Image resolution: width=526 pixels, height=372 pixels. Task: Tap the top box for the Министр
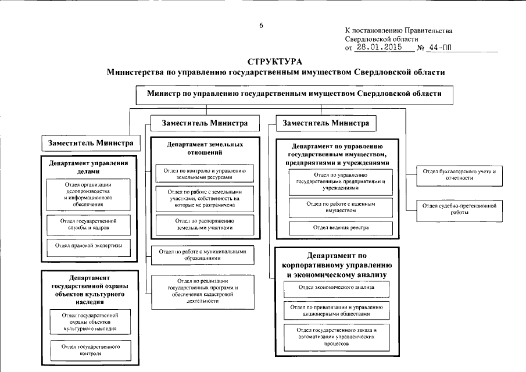[x=294, y=93]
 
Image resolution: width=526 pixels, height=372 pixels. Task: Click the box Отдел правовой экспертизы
[x=89, y=246]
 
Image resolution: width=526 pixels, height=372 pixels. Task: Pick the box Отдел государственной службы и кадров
[x=89, y=225]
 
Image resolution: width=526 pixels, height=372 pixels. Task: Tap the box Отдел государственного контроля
[x=89, y=349]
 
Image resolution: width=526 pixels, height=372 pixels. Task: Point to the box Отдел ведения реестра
[x=341, y=227]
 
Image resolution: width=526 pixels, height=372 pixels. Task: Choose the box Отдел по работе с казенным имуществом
[x=341, y=207]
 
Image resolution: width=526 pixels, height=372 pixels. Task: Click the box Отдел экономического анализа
[x=337, y=287]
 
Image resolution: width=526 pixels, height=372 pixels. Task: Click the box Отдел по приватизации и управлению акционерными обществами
[x=337, y=310]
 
